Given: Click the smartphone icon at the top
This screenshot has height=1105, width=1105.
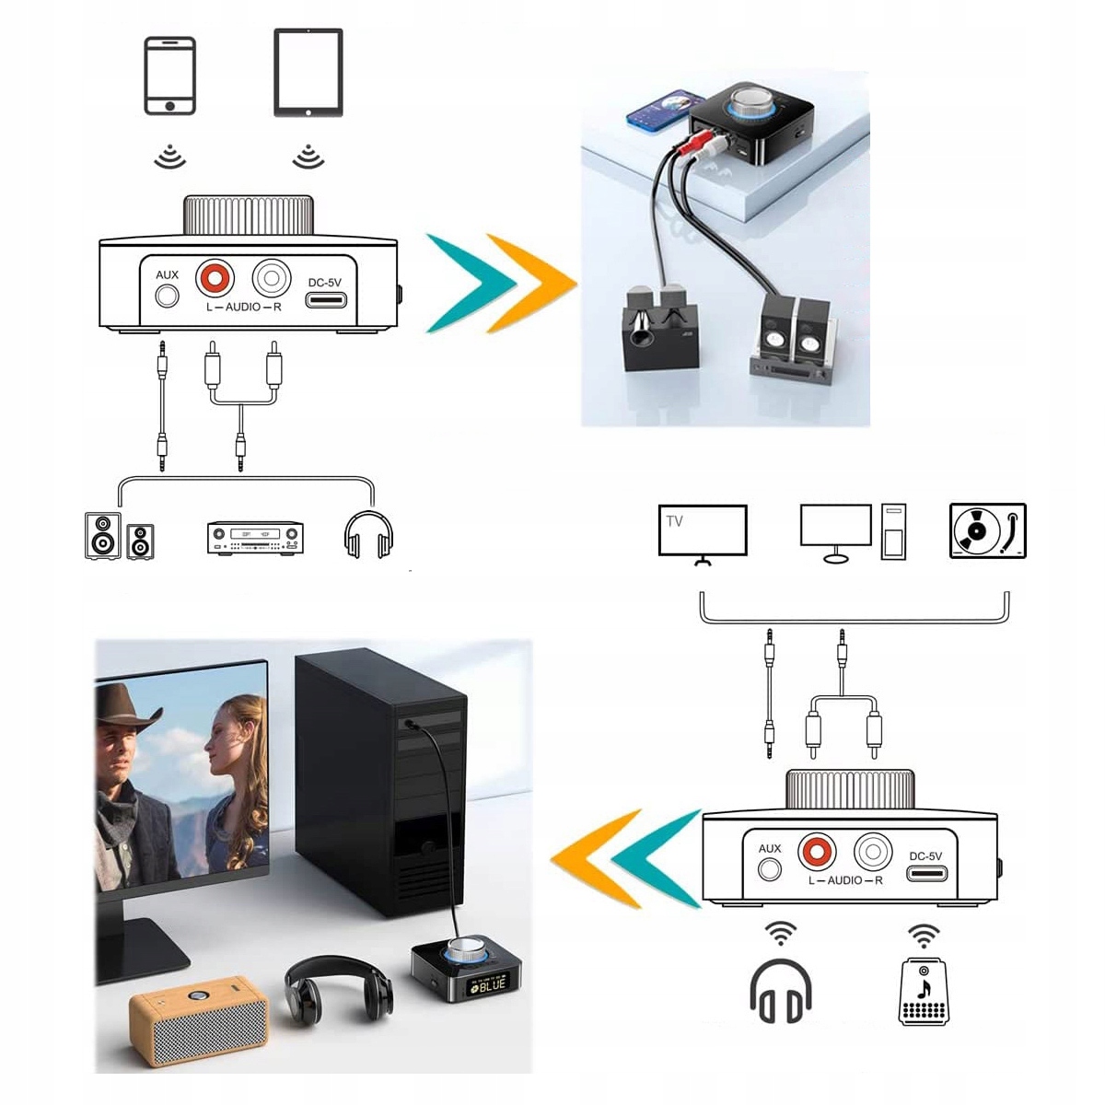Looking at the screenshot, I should coord(170,76).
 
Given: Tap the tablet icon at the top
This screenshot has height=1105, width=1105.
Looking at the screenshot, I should coord(308,73).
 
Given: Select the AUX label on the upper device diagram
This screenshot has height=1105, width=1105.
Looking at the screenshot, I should coord(167,274).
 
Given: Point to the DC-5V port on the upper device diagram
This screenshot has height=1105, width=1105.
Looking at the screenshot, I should coord(326,300).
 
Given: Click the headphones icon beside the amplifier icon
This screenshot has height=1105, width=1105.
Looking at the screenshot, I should coord(368,535).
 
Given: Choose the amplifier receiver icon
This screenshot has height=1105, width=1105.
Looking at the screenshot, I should coord(255,538).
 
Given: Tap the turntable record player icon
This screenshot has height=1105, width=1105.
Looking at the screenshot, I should coord(987,530).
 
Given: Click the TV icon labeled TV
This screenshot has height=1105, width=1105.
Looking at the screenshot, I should coord(703,531).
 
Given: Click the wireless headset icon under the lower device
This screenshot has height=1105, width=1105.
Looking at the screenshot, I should coord(781,993).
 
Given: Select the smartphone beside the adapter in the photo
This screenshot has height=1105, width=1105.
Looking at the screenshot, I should coord(660,110).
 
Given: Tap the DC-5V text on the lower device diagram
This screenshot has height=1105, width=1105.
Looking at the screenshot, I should coord(925,855).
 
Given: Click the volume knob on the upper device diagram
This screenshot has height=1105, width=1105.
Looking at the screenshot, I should coord(249,215).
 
